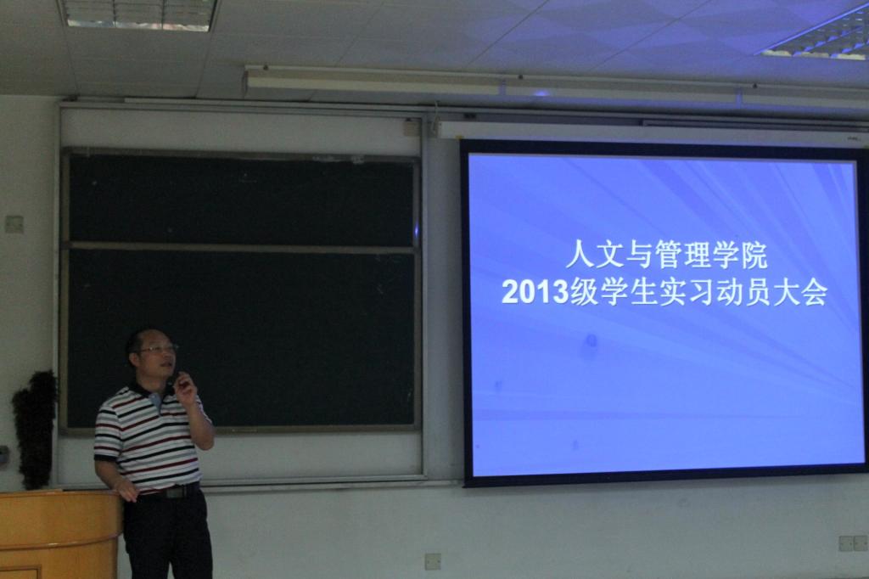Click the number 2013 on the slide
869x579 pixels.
tap(535, 292)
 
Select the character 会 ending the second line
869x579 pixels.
tap(812, 292)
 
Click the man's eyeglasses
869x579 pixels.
tap(157, 350)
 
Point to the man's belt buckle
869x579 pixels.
tap(176, 492)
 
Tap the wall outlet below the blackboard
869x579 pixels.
tap(434, 561)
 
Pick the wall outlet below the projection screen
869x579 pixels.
tap(852, 543)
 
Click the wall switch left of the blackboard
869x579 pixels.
tap(14, 223)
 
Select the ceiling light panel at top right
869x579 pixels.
tap(816, 35)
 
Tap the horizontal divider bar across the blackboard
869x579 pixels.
tap(242, 246)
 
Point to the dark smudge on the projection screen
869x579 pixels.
tap(591, 340)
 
